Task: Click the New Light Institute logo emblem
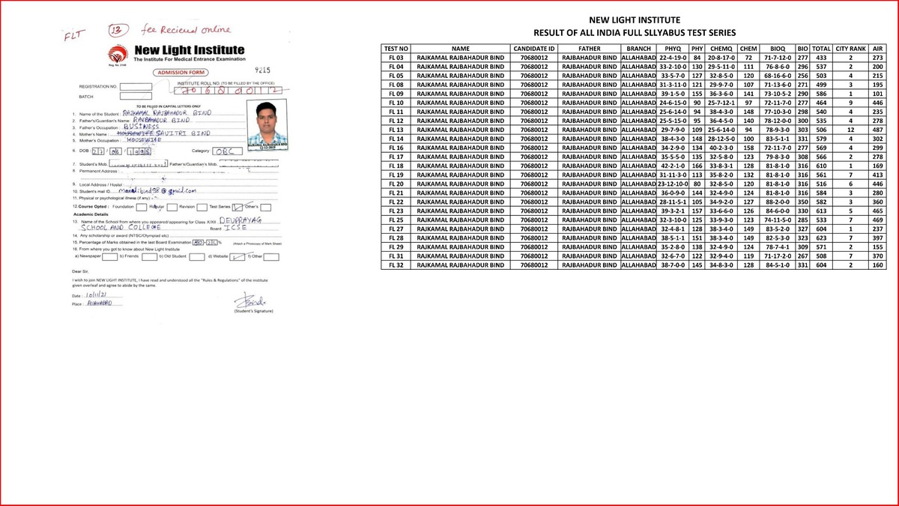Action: [118, 55]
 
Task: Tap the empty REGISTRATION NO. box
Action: [135, 86]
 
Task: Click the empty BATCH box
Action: [135, 97]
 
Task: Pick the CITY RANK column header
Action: [851, 49]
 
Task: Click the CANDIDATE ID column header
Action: [534, 49]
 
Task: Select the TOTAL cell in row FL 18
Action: [821, 166]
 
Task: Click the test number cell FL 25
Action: [396, 220]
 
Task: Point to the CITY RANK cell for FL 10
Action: [851, 103]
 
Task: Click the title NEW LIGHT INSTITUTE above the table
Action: [634, 19]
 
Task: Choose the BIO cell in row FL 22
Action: [802, 202]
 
